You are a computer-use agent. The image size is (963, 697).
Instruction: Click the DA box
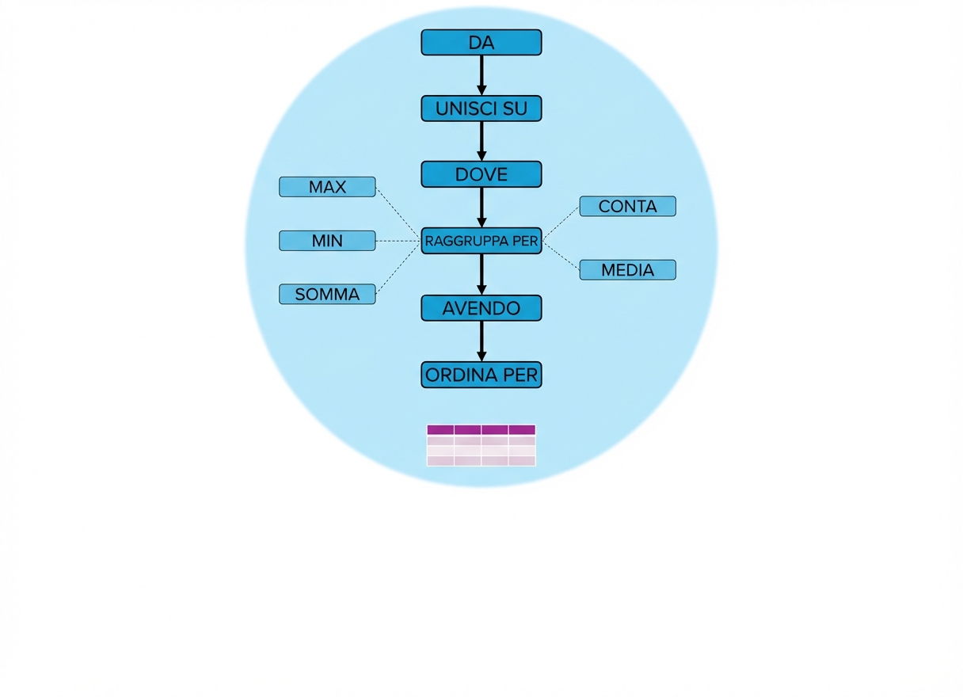click(x=481, y=43)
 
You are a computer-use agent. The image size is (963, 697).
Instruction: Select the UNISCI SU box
click(x=481, y=109)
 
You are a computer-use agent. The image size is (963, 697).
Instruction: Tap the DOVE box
click(x=481, y=174)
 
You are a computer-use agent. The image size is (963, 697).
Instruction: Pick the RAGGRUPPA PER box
click(x=481, y=241)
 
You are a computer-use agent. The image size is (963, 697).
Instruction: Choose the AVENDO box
click(x=481, y=308)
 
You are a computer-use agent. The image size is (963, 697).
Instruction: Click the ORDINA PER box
click(x=481, y=375)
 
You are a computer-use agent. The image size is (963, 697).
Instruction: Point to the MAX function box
click(x=327, y=188)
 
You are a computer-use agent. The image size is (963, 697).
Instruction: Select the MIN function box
click(x=327, y=241)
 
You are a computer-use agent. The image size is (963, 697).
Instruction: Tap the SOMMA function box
click(x=327, y=295)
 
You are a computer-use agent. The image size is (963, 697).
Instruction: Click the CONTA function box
click(x=627, y=207)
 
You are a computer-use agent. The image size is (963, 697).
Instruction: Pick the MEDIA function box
click(x=627, y=270)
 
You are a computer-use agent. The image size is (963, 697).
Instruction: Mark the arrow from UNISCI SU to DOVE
click(x=481, y=141)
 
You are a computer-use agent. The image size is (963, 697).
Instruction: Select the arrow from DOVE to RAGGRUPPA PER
click(x=481, y=208)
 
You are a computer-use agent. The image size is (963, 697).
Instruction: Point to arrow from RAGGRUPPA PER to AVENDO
click(x=481, y=274)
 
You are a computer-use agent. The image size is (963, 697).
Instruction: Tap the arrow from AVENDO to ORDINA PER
click(x=481, y=341)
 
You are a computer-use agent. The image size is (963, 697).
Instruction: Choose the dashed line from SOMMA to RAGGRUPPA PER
click(x=398, y=269)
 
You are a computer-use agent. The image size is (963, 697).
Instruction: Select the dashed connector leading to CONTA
click(x=561, y=223)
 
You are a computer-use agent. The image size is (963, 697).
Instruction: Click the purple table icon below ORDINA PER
click(x=481, y=445)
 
